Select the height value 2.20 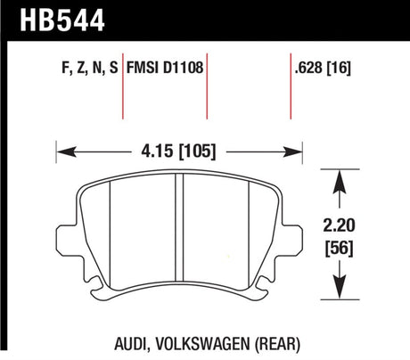(x=339, y=225)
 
